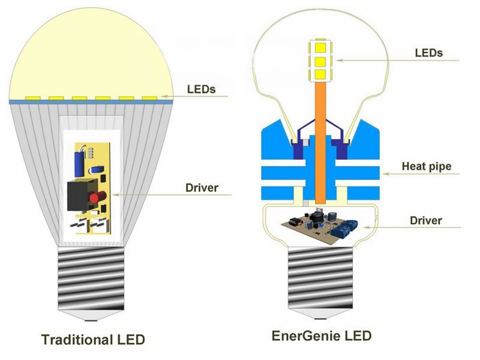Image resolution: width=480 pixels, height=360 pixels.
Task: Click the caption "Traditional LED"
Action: coord(93,339)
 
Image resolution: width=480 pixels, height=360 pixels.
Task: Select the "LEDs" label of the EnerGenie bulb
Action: coord(428,53)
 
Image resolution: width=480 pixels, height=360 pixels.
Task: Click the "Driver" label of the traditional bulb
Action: coord(201,188)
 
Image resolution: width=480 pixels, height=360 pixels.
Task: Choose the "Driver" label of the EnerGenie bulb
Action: coord(426,220)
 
